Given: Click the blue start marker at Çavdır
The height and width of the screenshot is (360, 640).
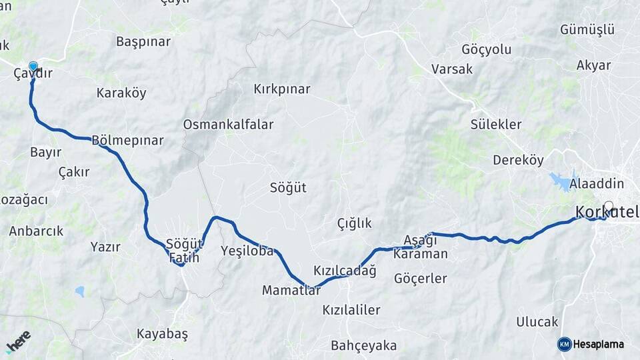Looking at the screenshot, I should coord(33,67).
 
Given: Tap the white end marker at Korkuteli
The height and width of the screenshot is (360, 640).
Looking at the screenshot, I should coord(608,207).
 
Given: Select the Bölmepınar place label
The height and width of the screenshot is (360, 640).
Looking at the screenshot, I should coord(127,141).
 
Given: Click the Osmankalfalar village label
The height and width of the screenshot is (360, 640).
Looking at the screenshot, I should coord(228,125).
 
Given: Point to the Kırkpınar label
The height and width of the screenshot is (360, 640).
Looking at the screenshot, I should coord(282,89).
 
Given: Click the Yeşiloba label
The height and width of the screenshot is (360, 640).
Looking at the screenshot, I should coord(247,251).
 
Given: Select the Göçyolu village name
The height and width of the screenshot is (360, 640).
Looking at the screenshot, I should coord(486,49).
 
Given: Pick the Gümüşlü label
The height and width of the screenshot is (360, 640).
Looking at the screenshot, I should coord(587,30).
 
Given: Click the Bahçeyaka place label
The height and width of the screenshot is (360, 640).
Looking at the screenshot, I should coord(363,345).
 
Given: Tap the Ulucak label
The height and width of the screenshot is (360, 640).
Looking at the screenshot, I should coord(537,322).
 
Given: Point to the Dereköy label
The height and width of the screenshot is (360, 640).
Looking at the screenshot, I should coord(518,160).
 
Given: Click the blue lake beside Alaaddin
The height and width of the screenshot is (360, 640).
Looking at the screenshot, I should coord(561,181).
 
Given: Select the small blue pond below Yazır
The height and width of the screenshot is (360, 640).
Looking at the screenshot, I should coord(80,291).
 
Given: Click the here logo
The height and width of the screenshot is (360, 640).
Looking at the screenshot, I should coord(18,341).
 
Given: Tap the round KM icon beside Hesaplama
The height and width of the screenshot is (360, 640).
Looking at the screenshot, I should coord(565,344).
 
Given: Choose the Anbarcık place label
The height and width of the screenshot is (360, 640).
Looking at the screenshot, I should coord(36,231).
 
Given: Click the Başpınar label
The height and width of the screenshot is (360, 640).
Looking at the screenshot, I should coord(143,41).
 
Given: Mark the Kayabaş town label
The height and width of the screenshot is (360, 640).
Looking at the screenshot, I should coord(162,333).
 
